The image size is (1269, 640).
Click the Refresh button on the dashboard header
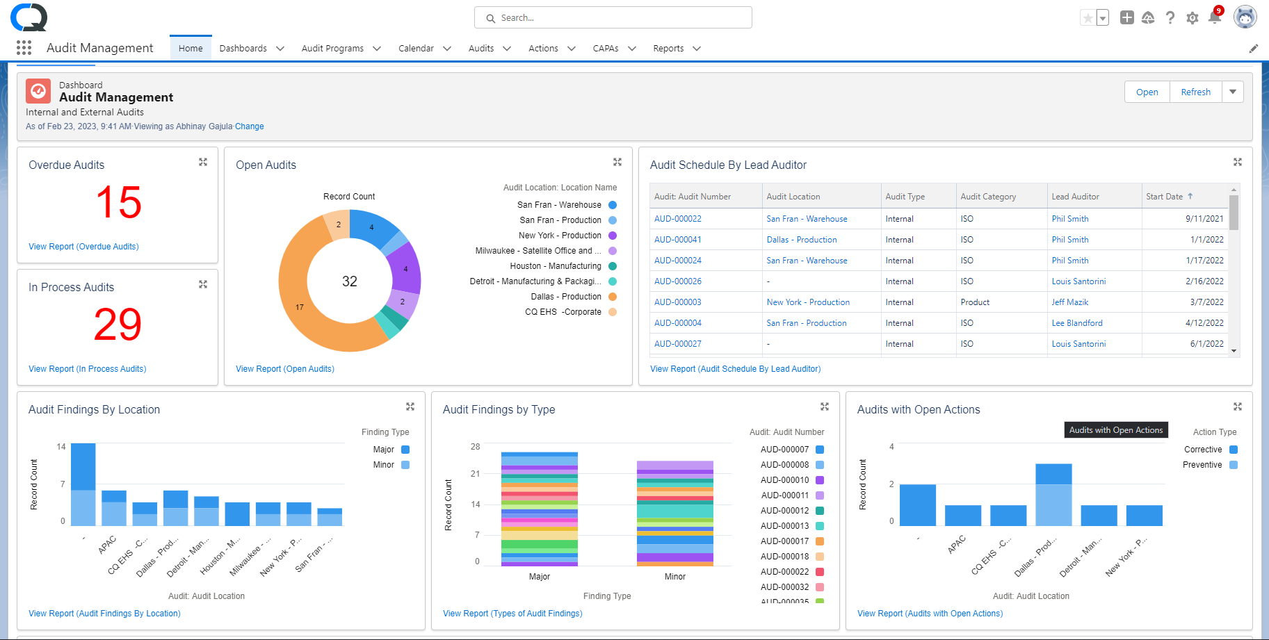(x=1195, y=92)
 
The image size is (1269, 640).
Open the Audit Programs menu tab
(x=332, y=48)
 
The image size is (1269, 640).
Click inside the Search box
(x=612, y=17)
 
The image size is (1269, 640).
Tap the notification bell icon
(x=1214, y=18)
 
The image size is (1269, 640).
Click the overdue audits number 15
(x=118, y=202)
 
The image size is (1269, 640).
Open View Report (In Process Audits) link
(x=87, y=369)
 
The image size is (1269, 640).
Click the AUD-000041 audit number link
(x=677, y=240)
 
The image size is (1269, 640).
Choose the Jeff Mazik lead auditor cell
(x=1069, y=302)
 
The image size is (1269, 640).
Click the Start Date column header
(x=1164, y=197)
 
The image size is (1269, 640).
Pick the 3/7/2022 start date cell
(x=1206, y=302)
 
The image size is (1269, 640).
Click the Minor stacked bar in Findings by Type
(x=674, y=514)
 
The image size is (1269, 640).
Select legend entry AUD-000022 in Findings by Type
(x=784, y=572)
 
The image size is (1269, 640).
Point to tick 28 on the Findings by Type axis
(x=476, y=447)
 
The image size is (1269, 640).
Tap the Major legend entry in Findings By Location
(x=384, y=450)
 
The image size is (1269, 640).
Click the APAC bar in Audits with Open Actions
(x=963, y=516)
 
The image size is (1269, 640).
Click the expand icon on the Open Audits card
(x=617, y=162)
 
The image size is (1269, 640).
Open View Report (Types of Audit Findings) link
(x=512, y=614)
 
